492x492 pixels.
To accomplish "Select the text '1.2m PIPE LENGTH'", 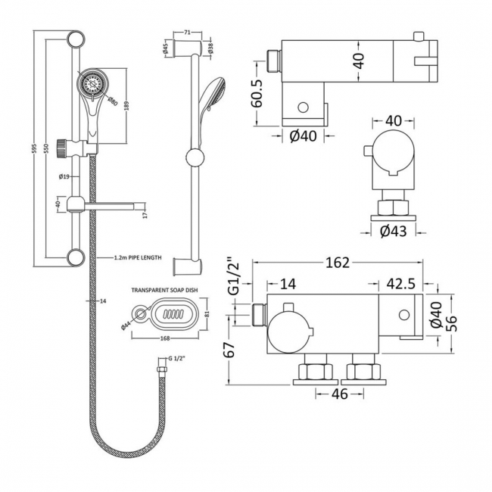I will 136,258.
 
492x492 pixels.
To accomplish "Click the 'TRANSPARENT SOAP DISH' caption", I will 165,290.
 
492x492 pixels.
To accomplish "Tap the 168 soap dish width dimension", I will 164,338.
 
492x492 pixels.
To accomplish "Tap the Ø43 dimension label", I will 393,232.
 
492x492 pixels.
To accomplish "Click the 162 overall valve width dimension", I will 338,263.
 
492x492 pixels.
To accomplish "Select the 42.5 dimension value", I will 400,284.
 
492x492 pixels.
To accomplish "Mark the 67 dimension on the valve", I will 236,349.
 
